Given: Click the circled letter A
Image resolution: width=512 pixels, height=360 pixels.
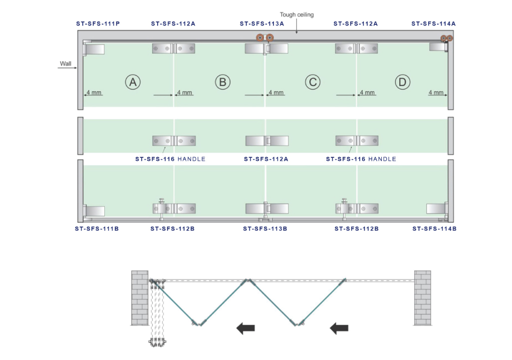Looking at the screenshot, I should coord(133,82).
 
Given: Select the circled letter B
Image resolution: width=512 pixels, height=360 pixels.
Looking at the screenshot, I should coord(223,82).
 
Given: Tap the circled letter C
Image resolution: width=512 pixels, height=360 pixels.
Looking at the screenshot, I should coord(312,82).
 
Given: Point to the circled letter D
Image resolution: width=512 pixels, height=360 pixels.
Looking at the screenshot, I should coord(402,82).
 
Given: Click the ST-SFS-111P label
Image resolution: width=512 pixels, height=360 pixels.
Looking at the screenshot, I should coord(98,23).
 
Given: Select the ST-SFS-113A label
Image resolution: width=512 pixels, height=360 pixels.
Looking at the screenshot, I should coord(261,23).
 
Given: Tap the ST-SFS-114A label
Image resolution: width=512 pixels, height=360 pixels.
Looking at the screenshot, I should coord(434,23).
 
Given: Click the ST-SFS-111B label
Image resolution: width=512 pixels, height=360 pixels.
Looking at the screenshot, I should coord(97,229).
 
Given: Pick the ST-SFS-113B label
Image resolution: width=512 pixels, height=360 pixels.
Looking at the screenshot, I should coord(265,229).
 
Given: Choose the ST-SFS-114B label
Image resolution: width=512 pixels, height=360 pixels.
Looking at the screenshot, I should coord(434,229).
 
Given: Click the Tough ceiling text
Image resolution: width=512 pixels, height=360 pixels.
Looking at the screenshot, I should coord(296,15).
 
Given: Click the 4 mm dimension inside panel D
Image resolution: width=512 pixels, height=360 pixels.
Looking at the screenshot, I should coord(436,92).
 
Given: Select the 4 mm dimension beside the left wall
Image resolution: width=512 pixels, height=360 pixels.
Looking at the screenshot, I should coord(94,92).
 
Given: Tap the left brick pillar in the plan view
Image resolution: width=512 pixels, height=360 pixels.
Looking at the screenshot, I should coord(140,298).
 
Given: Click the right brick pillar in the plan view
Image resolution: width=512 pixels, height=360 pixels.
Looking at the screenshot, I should coord(422,298).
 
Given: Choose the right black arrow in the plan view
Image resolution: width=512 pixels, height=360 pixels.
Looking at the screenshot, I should coord(339,328).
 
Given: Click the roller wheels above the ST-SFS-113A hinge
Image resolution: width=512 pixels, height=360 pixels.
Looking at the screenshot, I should coord(265,38).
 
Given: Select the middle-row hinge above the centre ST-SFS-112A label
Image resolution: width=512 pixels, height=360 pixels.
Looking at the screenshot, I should coord(266,141).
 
